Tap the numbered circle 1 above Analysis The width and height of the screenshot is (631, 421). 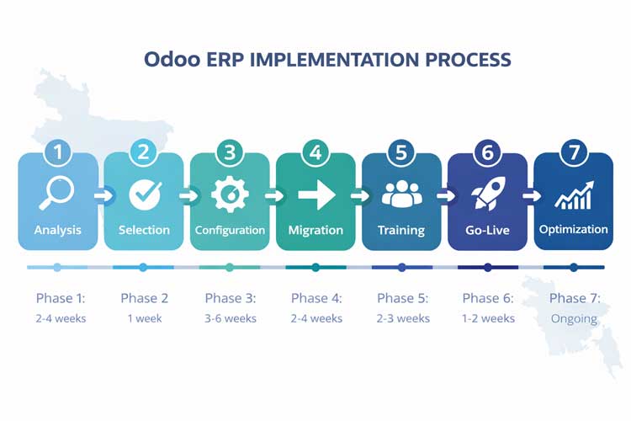pyautogui.click(x=57, y=152)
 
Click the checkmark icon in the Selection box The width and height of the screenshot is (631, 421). pyautogui.click(x=144, y=195)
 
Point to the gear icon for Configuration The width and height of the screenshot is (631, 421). pyautogui.click(x=230, y=195)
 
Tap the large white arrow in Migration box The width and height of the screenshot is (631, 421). pyautogui.click(x=315, y=195)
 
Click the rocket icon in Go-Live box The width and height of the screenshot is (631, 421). pyautogui.click(x=487, y=195)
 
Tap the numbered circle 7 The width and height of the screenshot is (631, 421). pyautogui.click(x=574, y=152)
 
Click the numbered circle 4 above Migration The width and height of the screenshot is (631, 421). pyautogui.click(x=315, y=152)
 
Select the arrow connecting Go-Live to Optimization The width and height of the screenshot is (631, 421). pyautogui.click(x=531, y=196)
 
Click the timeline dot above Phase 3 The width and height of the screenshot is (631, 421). pyautogui.click(x=230, y=267)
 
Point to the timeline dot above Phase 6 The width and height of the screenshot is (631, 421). pyautogui.click(x=488, y=267)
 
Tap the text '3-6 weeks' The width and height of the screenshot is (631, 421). pyautogui.click(x=230, y=318)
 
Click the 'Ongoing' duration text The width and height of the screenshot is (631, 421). pyautogui.click(x=573, y=318)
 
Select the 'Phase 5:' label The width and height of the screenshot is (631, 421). pyautogui.click(x=402, y=298)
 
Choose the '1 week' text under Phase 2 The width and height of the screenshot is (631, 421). pyautogui.click(x=144, y=318)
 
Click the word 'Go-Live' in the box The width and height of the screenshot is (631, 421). pyautogui.click(x=487, y=230)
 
